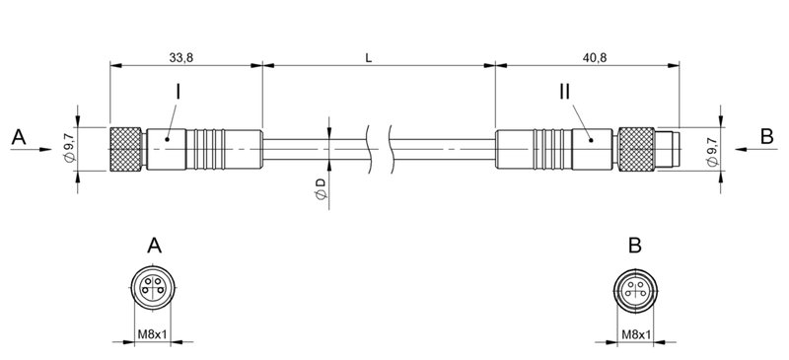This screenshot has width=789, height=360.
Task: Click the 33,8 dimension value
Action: (179, 58)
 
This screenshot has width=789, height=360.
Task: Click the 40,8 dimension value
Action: (595, 58)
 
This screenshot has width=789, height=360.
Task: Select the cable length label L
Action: (369, 58)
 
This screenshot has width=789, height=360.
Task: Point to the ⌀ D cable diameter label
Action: (321, 189)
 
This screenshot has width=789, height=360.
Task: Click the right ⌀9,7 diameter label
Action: (712, 149)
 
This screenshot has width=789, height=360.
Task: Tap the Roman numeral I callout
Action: (178, 92)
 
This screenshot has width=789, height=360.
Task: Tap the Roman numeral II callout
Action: (563, 92)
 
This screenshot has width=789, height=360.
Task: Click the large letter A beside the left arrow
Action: (18, 137)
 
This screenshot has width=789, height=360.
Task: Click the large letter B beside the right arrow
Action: (767, 137)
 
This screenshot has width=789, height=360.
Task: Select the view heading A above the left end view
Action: (153, 245)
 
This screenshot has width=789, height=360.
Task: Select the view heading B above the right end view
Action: (635, 245)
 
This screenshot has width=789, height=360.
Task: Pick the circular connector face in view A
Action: (152, 288)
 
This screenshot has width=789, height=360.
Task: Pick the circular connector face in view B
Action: (635, 288)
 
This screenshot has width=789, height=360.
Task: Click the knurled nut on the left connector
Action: (126, 149)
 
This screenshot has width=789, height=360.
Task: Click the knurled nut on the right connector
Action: (636, 149)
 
